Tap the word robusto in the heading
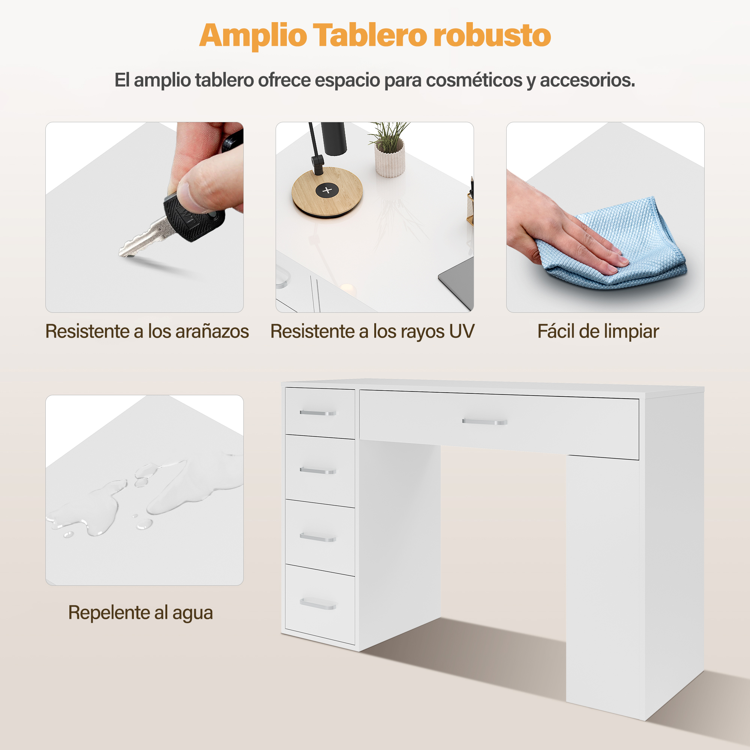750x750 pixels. coord(492,35)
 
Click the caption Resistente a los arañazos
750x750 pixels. coord(147,331)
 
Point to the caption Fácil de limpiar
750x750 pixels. coord(598,332)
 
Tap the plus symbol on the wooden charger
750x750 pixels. coord(327,190)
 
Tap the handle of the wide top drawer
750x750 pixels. coord(485,422)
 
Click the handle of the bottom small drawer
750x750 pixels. coord(318,603)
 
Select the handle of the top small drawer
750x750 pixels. coord(318,412)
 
